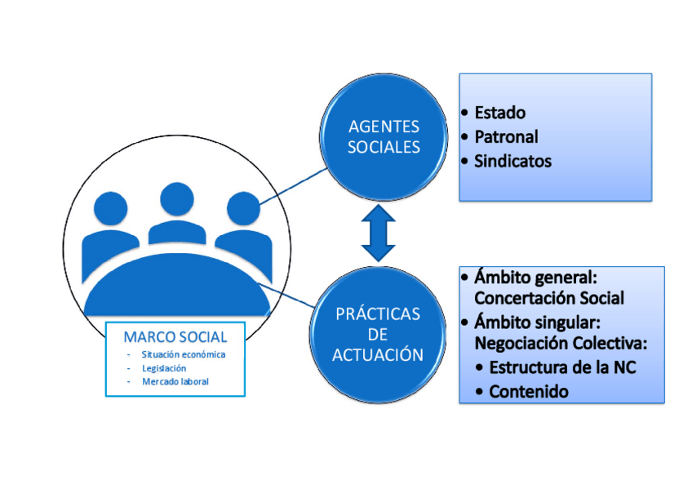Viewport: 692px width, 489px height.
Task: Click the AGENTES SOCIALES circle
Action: (x=384, y=137)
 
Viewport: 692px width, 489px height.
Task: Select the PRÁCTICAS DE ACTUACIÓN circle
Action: (x=379, y=334)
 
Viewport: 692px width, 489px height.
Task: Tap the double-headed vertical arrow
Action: (x=378, y=234)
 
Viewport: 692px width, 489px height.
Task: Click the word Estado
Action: (x=499, y=113)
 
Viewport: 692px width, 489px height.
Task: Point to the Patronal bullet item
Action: (x=506, y=137)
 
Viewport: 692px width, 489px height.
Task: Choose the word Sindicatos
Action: (x=512, y=161)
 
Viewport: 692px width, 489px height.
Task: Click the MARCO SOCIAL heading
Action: (x=175, y=337)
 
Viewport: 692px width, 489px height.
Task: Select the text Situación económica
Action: (x=183, y=355)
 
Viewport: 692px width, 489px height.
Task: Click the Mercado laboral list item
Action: (x=175, y=381)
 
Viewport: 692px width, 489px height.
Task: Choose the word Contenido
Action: (x=528, y=392)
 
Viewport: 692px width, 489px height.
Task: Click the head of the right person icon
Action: (x=242, y=210)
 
